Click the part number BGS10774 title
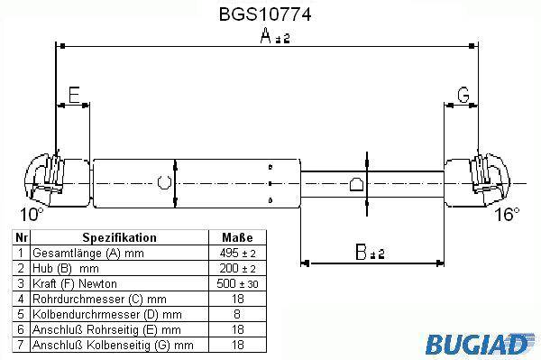point(265,14)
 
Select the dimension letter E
point(74,95)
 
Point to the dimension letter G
point(463,95)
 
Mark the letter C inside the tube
point(164,182)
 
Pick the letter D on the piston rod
point(356,184)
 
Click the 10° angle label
point(32,215)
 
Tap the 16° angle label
point(507,215)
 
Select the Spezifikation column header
point(119,238)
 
